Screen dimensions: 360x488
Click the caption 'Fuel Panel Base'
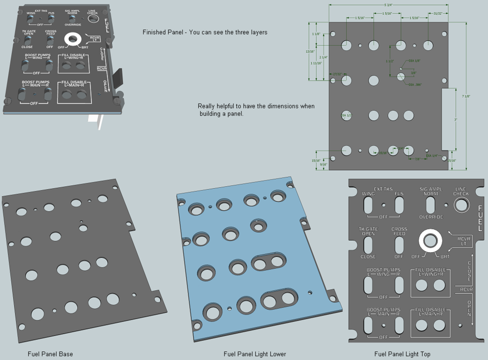(x=50, y=354)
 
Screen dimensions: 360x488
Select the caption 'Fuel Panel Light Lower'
(x=255, y=354)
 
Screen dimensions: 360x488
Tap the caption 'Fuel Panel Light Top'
(x=402, y=354)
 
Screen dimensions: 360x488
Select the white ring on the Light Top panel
(x=430, y=240)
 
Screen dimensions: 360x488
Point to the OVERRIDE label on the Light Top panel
(x=431, y=217)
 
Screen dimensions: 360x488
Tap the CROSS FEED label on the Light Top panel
(x=399, y=231)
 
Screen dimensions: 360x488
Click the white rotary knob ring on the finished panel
(x=75, y=39)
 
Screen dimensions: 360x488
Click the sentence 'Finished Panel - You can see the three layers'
(x=205, y=32)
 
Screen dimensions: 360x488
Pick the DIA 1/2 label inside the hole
(x=346, y=116)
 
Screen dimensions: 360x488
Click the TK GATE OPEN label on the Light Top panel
(x=368, y=231)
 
